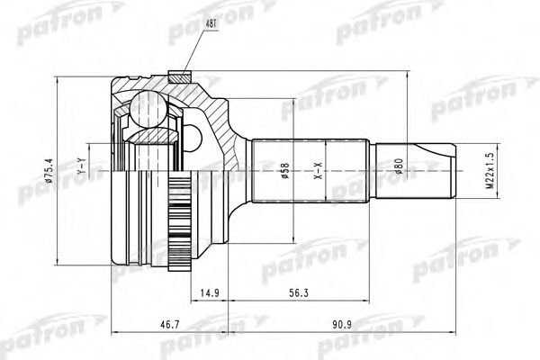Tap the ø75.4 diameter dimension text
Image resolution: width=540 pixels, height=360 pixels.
[x=49, y=170]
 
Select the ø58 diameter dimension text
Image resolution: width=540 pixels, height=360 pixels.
[x=285, y=170]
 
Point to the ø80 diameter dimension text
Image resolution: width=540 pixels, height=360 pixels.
[x=399, y=166]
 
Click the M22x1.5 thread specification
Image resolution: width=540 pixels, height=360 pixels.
[x=490, y=171]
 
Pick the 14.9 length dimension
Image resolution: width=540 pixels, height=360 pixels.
[x=210, y=293]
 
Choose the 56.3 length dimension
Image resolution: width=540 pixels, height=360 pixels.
[x=299, y=293]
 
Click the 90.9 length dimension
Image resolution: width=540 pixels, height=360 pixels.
[x=342, y=325]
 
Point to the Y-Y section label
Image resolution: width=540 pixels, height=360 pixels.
[x=81, y=166]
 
